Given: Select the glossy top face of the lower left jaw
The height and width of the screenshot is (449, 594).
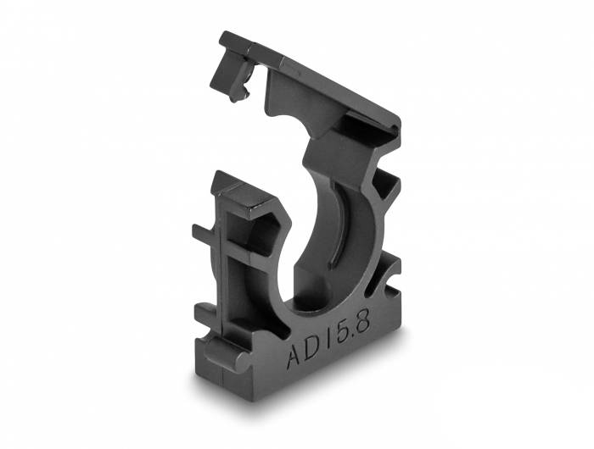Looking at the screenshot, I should [240, 195].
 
